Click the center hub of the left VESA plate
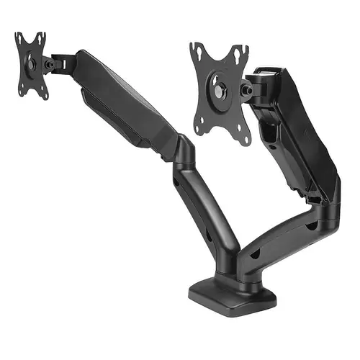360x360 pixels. [x=32, y=64]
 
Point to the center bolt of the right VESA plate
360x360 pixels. [x=219, y=91]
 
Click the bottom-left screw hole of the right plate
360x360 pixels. [x=197, y=130]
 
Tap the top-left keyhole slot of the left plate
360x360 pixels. [x=20, y=37]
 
